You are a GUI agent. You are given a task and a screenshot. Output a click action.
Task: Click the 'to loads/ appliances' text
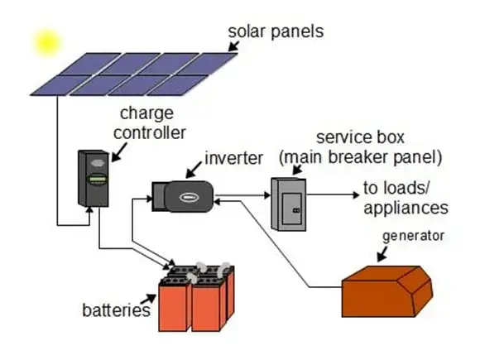pyautogui.click(x=405, y=199)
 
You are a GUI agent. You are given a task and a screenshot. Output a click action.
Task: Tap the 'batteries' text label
pyautogui.click(x=117, y=311)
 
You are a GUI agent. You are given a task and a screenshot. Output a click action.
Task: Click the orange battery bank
pyautogui.click(x=197, y=297)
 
